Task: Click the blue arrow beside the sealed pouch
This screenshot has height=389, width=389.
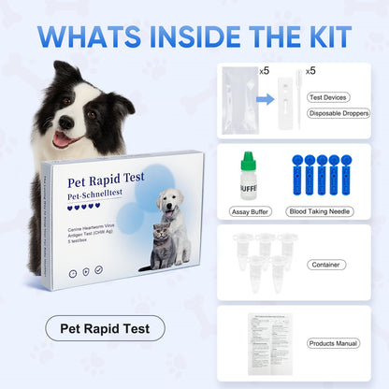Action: click(x=267, y=96)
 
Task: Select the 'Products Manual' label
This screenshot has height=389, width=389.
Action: click(x=333, y=343)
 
